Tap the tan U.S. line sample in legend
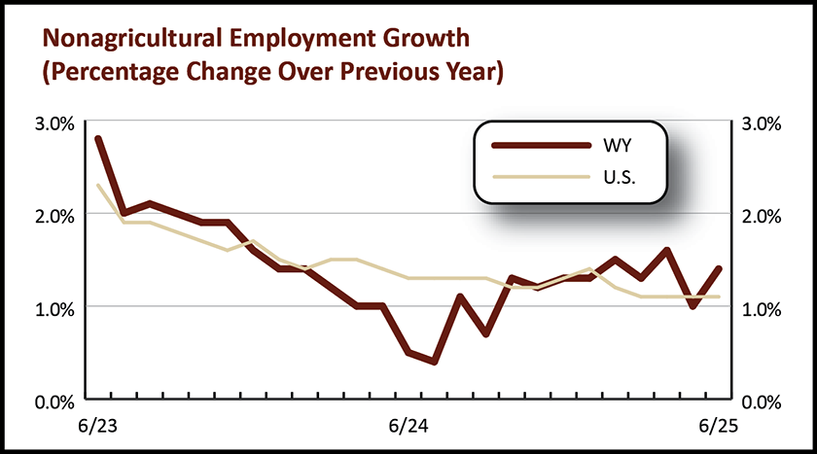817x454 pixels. point(541,176)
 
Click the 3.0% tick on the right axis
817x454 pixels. point(762,122)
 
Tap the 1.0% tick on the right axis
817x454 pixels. point(762,308)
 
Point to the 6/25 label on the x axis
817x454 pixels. point(719,427)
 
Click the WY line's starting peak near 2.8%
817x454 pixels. point(98,139)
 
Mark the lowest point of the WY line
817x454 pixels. point(434,362)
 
